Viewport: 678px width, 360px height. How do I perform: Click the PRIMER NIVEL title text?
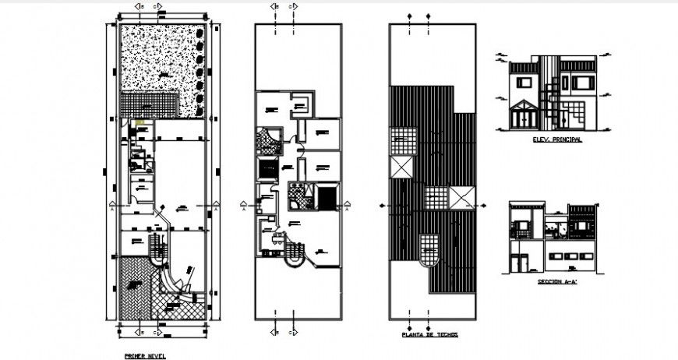(144, 355)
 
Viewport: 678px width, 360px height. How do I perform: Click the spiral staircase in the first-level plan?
(159, 250)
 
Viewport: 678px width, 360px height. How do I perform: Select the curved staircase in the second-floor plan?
(294, 253)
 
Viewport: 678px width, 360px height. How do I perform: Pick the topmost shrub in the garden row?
(201, 35)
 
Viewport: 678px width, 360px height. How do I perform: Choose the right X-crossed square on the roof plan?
(461, 197)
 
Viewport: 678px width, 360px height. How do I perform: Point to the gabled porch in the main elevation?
(521, 114)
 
